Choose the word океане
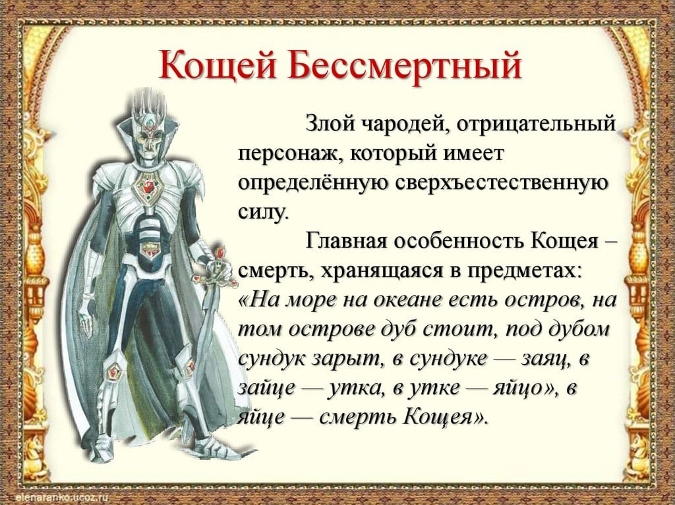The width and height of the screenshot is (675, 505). (x=411, y=300)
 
